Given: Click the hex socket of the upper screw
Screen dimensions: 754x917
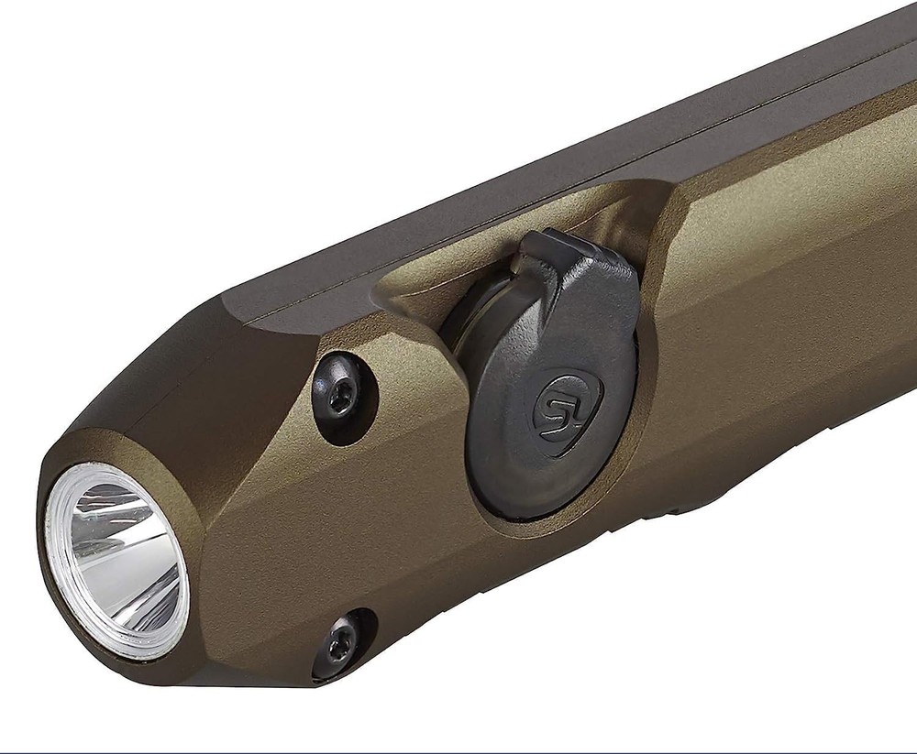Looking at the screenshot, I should [341, 397].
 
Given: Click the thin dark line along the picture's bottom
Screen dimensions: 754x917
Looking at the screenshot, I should [458, 751].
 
